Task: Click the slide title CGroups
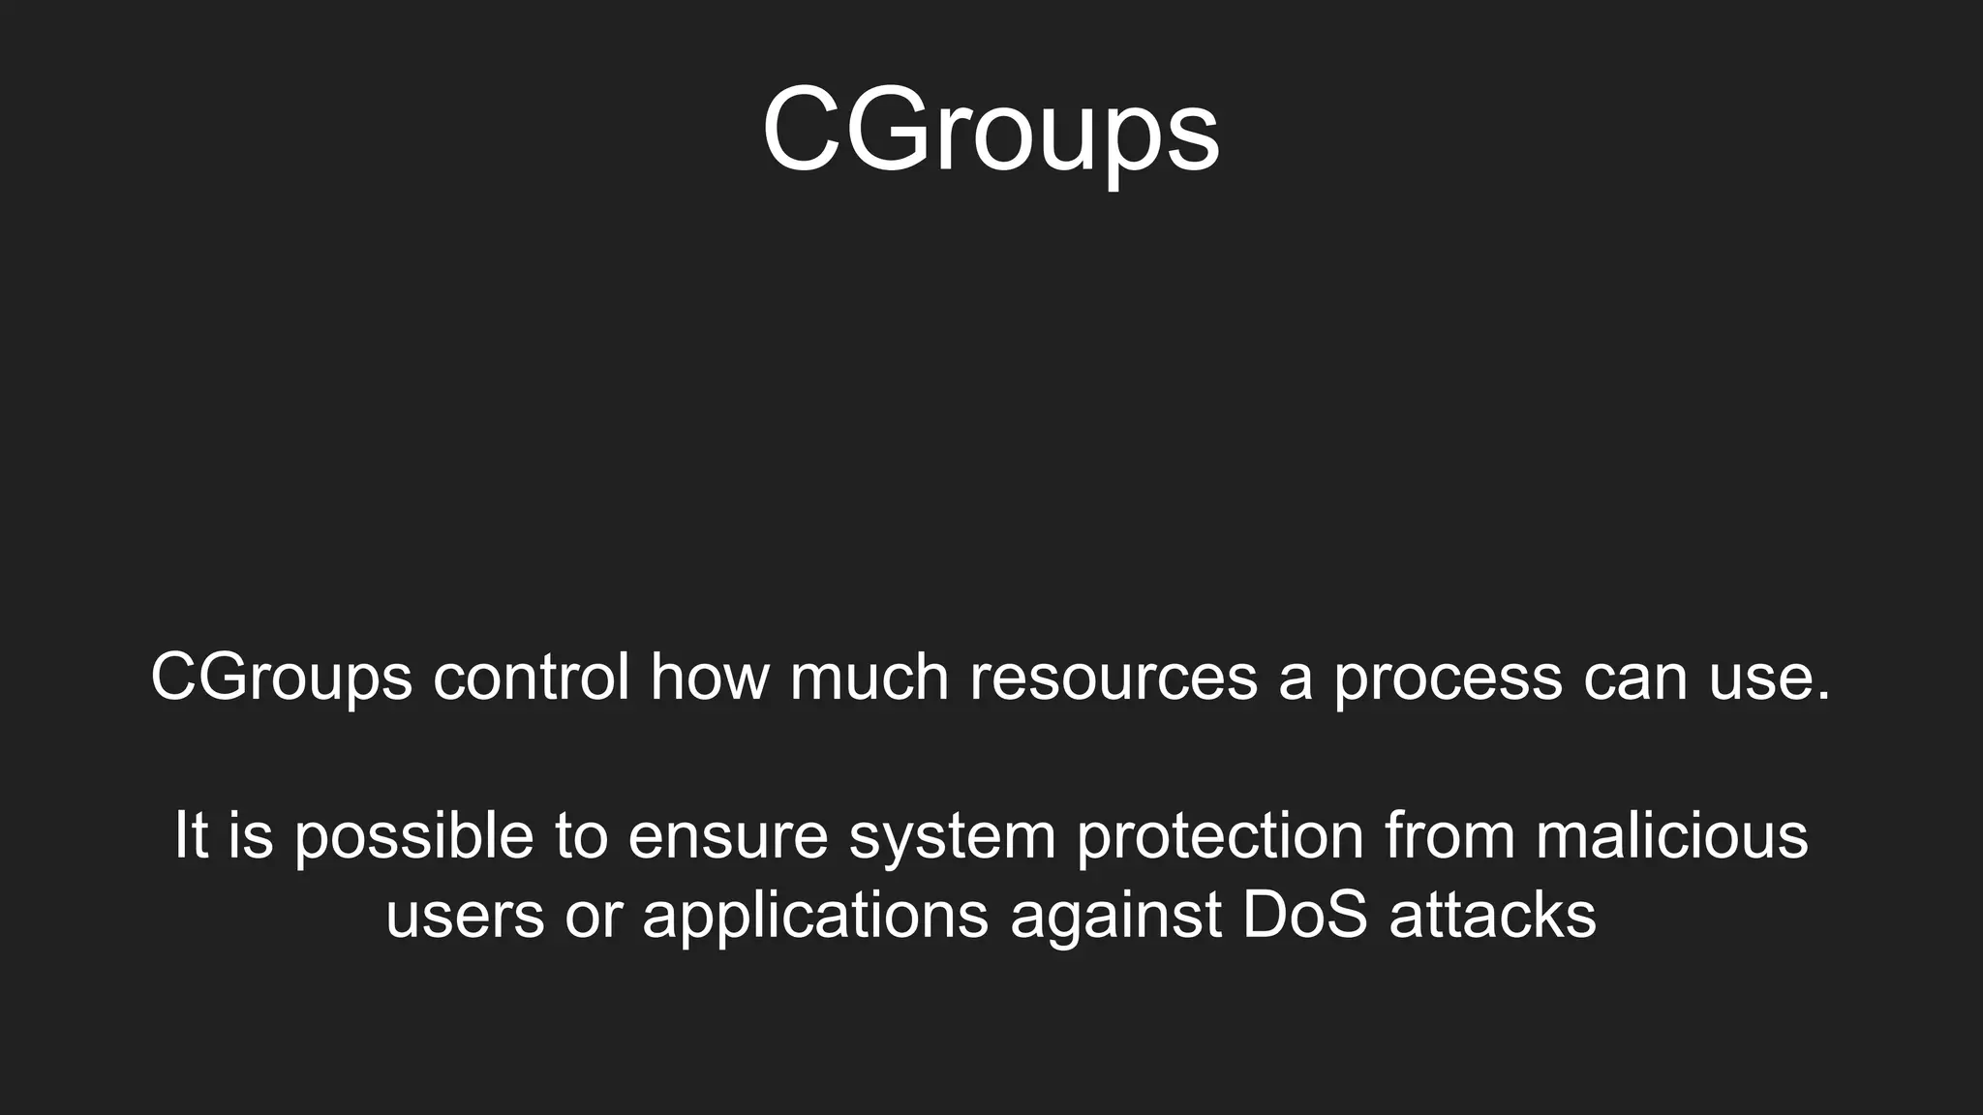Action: (990, 131)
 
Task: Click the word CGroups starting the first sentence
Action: (281, 678)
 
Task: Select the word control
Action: (531, 677)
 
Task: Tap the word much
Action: (869, 677)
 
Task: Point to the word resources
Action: (1114, 677)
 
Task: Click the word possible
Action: (413, 837)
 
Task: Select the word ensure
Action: (728, 837)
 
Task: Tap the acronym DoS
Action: (1304, 916)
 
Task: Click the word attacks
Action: (1492, 916)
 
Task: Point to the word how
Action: (709, 677)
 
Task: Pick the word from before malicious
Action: (1449, 835)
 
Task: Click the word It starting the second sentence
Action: (191, 835)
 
